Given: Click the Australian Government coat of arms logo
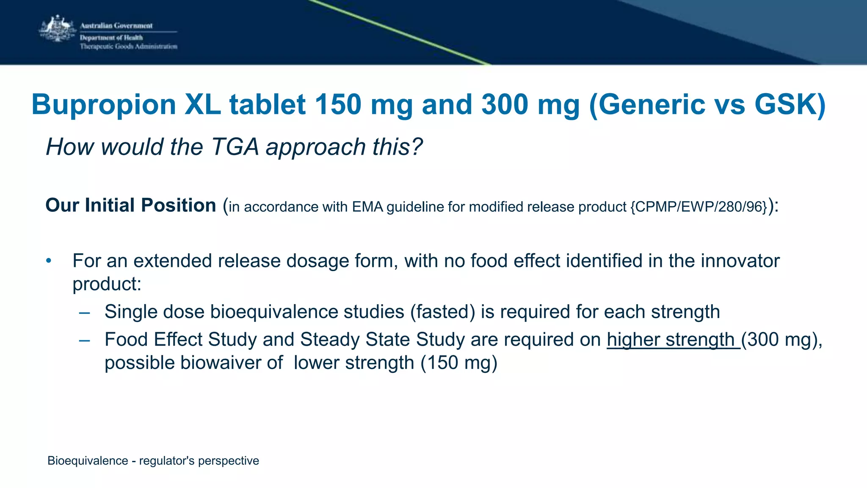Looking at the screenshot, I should (x=57, y=29).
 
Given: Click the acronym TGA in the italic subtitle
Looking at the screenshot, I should (x=235, y=147).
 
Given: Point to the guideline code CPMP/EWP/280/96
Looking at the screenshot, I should (x=699, y=207).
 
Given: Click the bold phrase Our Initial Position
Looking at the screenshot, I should (x=131, y=205).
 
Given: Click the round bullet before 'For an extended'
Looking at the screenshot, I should (x=49, y=261).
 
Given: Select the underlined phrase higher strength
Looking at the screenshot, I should (x=673, y=340).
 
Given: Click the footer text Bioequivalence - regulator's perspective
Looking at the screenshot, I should (x=153, y=460).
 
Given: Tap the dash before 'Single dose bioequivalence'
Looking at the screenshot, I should (x=85, y=313).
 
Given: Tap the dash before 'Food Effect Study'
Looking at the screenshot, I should (x=85, y=341).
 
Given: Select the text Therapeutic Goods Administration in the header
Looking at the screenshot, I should (x=129, y=47).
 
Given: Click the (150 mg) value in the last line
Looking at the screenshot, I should (x=458, y=363).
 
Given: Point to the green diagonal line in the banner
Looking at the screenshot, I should (x=398, y=32).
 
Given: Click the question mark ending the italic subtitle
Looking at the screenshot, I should (x=417, y=147).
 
